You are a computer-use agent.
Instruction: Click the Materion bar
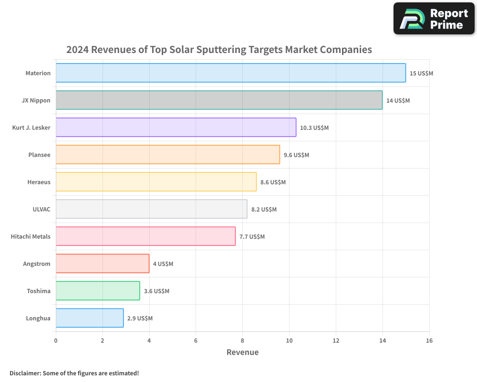[231, 73]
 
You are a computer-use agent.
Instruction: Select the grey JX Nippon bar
[219, 100]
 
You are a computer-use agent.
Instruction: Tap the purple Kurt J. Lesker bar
[176, 127]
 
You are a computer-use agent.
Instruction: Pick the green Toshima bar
[98, 291]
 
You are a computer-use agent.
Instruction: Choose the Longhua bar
[90, 318]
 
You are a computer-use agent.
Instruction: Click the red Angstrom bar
[103, 264]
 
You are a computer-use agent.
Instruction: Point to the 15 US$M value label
[421, 74]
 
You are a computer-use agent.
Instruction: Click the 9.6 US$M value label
[296, 155]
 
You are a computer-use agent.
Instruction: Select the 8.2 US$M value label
[264, 210]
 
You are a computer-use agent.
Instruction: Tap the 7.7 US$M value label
[252, 237]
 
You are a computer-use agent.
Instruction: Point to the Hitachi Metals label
[31, 237]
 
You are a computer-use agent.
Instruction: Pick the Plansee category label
[40, 155]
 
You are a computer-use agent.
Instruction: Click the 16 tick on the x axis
[429, 340]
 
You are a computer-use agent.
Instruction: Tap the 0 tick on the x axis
[56, 340]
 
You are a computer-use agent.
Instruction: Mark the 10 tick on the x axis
[289, 340]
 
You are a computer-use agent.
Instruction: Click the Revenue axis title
[242, 352]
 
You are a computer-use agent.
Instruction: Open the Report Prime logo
[434, 19]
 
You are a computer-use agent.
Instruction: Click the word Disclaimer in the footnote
[25, 373]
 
